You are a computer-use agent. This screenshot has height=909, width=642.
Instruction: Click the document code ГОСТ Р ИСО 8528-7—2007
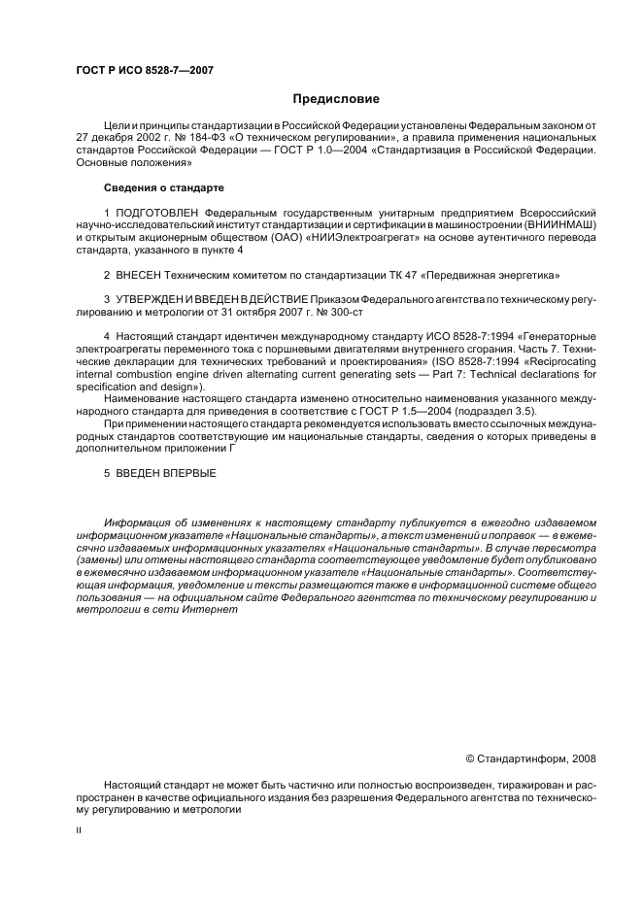coord(145,70)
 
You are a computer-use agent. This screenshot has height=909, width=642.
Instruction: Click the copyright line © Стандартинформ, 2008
coord(531,758)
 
